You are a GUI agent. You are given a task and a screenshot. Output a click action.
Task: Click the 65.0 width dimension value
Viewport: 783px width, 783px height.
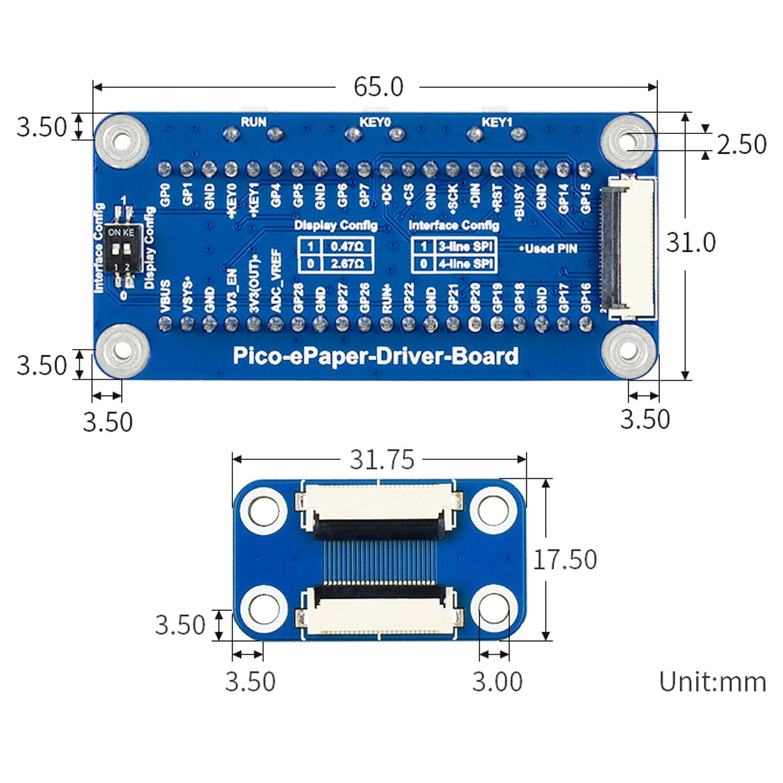point(378,87)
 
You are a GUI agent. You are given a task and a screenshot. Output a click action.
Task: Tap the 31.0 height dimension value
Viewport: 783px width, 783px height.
point(691,242)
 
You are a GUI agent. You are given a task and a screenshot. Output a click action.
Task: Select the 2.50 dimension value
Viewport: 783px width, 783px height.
point(741,144)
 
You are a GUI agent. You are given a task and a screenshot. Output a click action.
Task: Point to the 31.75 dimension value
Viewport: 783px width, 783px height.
point(382,460)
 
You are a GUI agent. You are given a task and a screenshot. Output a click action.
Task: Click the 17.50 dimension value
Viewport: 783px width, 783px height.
point(564,559)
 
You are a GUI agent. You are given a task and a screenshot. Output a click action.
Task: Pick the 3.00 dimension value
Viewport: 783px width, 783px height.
point(497,681)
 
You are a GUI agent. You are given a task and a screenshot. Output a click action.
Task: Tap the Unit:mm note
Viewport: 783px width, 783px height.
point(712,682)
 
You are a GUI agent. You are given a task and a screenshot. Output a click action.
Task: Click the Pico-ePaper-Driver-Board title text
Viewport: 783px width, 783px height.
point(375,356)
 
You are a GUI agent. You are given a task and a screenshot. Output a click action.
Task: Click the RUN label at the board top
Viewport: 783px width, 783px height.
point(253,122)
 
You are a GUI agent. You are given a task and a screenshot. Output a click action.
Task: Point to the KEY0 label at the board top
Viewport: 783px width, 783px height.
point(375,122)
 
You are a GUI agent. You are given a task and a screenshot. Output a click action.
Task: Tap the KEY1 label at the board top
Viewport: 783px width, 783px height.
point(497,122)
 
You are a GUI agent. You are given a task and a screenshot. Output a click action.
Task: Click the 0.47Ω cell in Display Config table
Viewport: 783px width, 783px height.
point(347,246)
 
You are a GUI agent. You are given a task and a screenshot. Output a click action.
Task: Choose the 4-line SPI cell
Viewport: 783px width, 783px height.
point(465,264)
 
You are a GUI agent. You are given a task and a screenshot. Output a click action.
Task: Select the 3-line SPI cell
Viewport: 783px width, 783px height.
point(465,246)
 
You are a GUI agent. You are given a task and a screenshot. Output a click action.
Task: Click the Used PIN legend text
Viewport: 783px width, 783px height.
point(549,249)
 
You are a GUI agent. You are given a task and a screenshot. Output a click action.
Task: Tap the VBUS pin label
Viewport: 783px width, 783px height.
point(165,296)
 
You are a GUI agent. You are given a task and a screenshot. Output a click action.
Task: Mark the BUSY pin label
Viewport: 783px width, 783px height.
point(519,200)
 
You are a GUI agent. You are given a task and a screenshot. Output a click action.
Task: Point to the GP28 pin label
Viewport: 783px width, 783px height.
point(298,298)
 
